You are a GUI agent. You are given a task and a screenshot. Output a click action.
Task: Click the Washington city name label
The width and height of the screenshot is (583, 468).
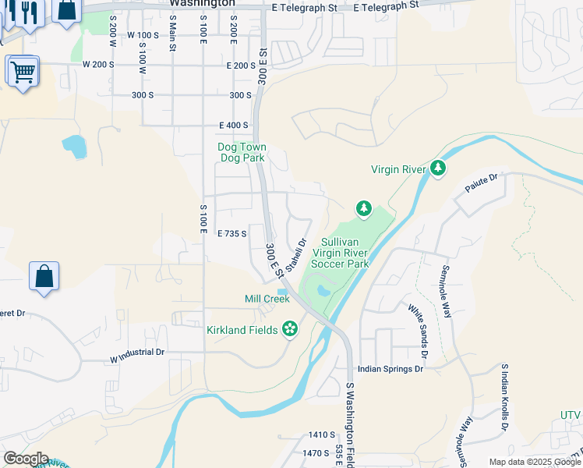(x=202, y=3)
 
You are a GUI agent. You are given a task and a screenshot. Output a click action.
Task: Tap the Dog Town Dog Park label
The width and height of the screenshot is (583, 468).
(x=242, y=152)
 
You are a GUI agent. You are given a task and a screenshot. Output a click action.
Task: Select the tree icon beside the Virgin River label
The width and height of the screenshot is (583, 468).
(x=438, y=168)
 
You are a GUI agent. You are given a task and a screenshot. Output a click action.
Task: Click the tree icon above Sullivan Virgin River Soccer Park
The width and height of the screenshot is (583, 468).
(x=363, y=208)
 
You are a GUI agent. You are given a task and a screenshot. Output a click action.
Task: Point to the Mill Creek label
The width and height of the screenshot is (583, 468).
(x=267, y=299)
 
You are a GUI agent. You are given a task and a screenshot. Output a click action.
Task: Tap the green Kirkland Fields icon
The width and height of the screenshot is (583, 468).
(x=290, y=329)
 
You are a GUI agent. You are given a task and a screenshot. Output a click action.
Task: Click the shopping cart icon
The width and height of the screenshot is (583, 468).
(x=23, y=72)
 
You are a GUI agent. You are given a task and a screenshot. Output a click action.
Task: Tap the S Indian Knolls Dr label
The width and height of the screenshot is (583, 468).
(x=505, y=397)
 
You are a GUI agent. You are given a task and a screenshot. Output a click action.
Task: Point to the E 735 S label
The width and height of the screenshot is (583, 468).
(x=232, y=233)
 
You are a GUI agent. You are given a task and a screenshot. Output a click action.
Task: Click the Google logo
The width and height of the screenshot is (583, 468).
(x=26, y=459)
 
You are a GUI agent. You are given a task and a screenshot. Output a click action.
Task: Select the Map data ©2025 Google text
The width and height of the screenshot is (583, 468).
(x=534, y=462)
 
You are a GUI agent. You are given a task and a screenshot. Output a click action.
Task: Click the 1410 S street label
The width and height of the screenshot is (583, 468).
(x=320, y=435)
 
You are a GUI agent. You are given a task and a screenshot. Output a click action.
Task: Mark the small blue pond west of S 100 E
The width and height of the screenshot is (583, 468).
(x=73, y=145)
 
